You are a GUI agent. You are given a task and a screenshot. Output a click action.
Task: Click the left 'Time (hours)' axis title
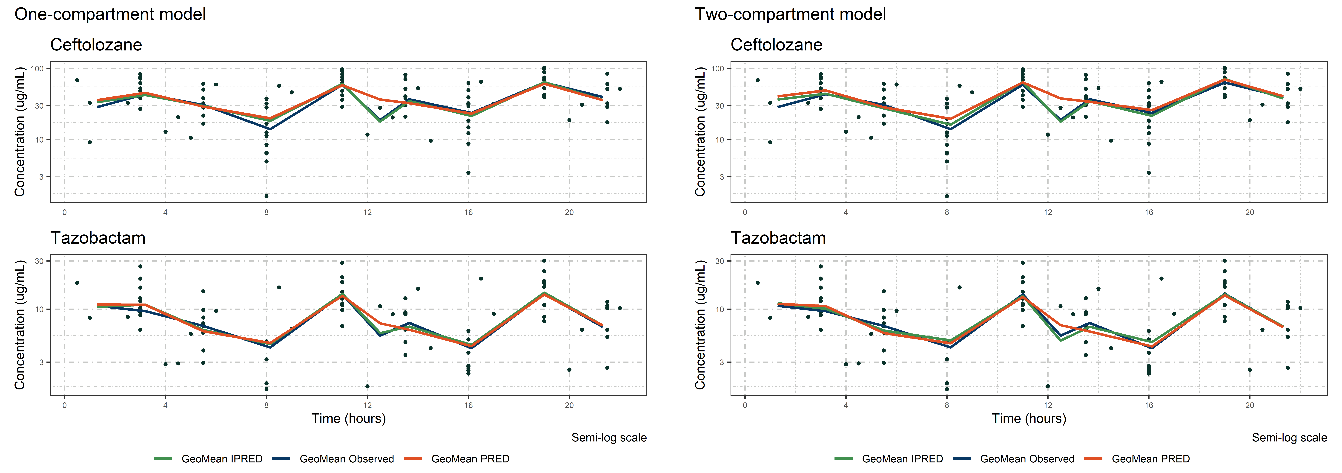[349, 418]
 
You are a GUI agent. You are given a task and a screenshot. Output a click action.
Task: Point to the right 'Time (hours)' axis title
[1029, 418]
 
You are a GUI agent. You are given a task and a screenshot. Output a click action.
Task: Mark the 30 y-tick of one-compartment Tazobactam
[39, 261]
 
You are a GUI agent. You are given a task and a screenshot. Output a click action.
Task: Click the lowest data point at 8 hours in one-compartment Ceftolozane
[266, 196]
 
